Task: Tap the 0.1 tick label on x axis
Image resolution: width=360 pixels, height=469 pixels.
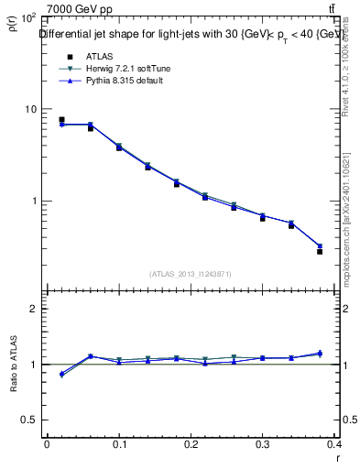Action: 119,444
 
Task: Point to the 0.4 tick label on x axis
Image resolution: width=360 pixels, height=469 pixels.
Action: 336,444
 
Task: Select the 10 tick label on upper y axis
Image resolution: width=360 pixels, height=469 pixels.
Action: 27,109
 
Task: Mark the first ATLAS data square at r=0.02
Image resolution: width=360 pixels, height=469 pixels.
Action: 61,120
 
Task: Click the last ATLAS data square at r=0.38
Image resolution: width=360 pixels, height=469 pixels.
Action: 320,250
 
